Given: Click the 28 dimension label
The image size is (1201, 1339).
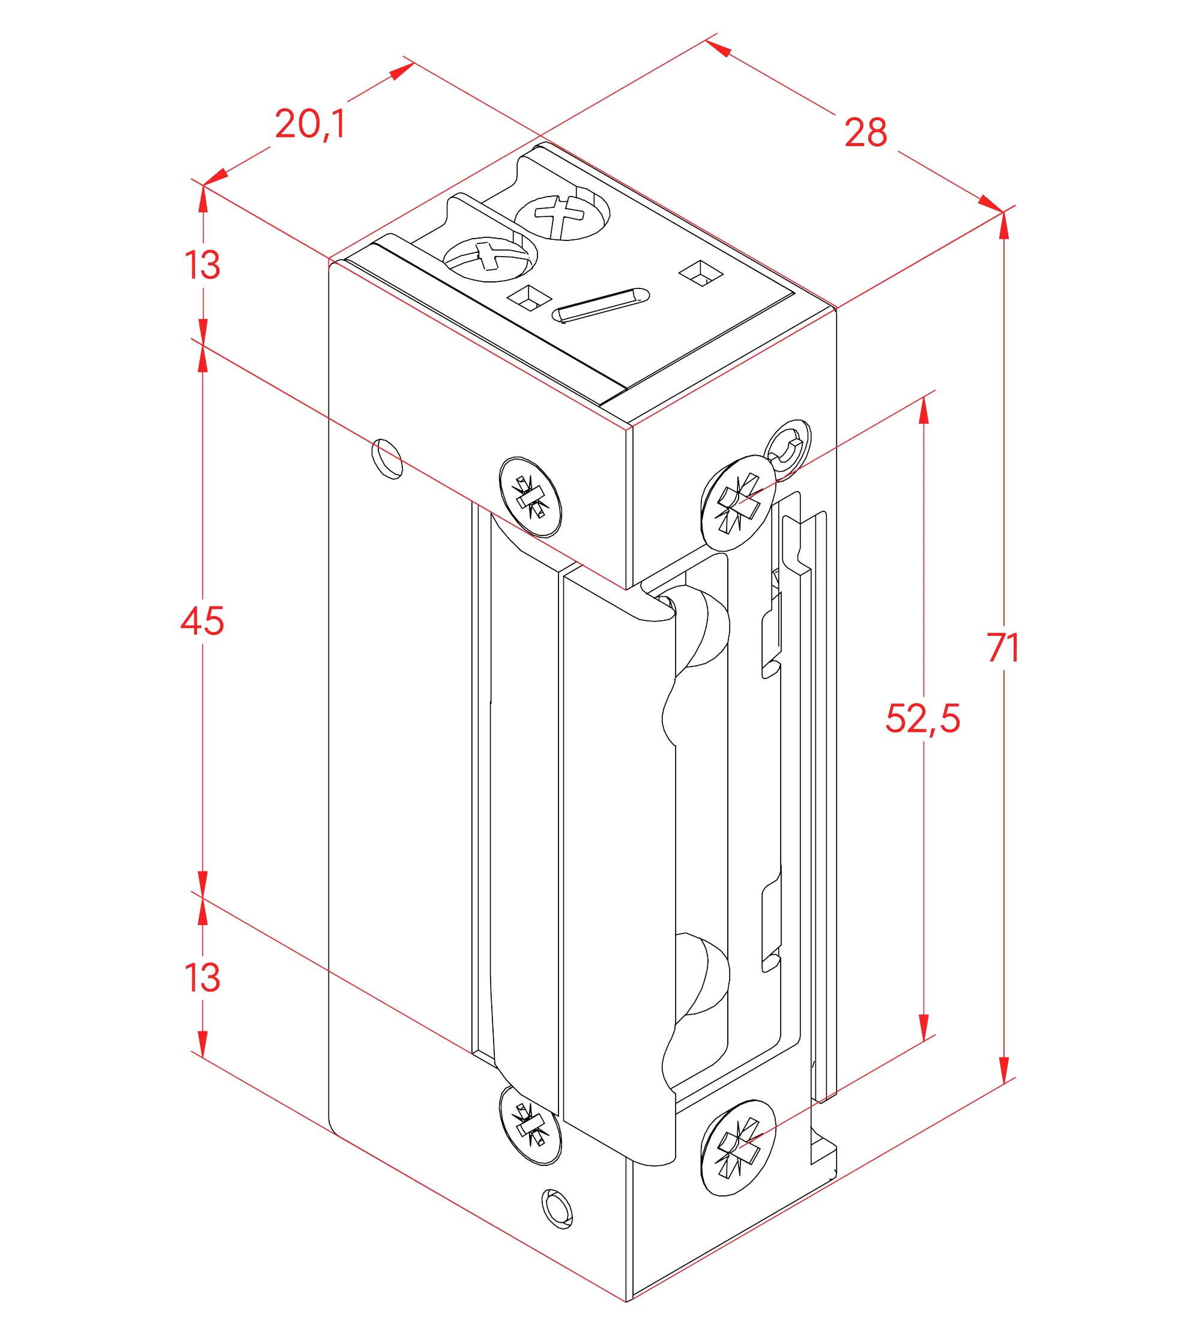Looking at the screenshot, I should click(x=866, y=132).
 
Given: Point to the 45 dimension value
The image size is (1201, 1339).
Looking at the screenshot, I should click(x=202, y=621).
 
